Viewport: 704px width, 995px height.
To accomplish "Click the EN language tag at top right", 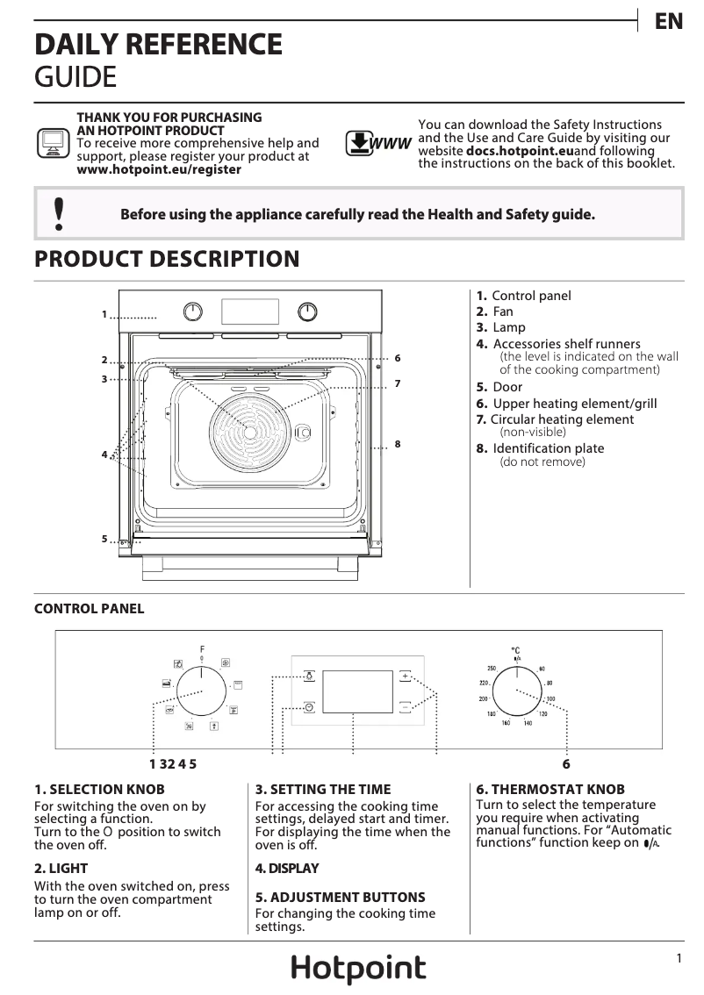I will point(669,22).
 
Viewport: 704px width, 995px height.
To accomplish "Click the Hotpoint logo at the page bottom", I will point(358,969).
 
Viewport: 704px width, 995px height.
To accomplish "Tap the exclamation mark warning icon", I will point(59,214).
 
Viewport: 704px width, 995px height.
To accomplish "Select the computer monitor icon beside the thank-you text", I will point(52,142).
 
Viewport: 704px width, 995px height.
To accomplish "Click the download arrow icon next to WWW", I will point(358,143).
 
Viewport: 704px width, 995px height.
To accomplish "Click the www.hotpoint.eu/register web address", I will point(159,169).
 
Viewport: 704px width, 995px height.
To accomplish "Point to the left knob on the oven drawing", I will point(193,311).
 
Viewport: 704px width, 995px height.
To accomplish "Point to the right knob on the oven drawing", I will point(307,311).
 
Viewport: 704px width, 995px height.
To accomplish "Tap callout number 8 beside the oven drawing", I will point(398,445).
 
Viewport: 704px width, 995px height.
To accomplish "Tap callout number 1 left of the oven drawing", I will point(104,314).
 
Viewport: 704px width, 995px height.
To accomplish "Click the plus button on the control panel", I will point(405,676).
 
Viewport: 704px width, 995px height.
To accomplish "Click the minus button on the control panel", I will point(405,706).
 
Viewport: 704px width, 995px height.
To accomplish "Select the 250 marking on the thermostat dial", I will point(492,669).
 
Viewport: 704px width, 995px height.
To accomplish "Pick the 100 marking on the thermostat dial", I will point(550,699).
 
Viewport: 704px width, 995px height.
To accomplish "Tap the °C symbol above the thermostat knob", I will point(516,650).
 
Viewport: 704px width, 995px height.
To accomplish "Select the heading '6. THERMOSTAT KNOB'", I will point(538,790).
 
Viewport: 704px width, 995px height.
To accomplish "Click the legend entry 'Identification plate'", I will point(549,448).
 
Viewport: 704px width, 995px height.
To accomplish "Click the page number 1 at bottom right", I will point(679,959).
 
